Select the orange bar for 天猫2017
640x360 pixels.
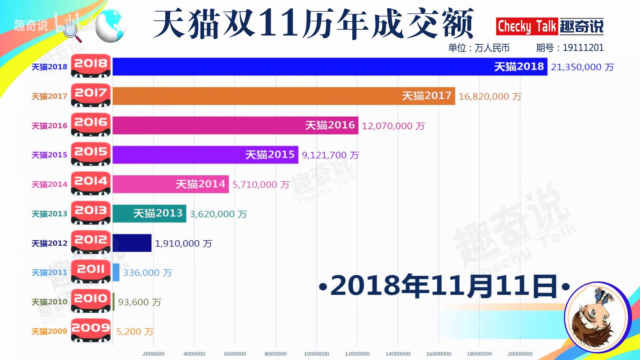click(x=283, y=96)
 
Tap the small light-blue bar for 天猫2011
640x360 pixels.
click(x=116, y=272)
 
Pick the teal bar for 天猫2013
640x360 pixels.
click(x=149, y=214)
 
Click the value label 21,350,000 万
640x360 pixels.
click(x=582, y=67)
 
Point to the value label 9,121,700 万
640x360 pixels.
click(x=330, y=155)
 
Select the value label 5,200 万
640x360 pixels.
click(x=134, y=332)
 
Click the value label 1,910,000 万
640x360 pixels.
click(x=183, y=244)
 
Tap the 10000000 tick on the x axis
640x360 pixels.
click(x=316, y=354)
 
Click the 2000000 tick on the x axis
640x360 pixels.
click(x=153, y=354)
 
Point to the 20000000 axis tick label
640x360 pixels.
click(x=520, y=354)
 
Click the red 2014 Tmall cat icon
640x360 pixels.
click(x=91, y=183)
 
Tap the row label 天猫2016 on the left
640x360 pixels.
click(x=49, y=126)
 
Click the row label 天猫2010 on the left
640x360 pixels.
click(x=49, y=302)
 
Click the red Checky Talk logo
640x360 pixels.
click(x=527, y=27)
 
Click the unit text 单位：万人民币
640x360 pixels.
click(x=479, y=48)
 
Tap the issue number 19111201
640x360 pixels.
click(x=583, y=48)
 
